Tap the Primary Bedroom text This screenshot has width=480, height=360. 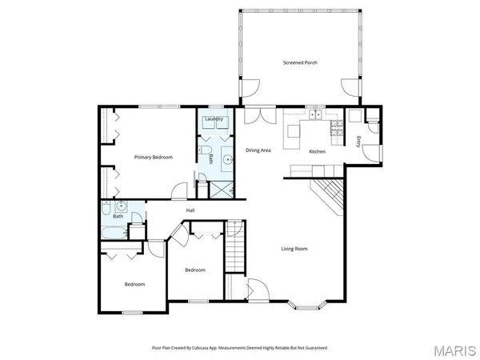(153, 158)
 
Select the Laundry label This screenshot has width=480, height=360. (214, 119)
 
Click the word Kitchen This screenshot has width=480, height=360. (318, 150)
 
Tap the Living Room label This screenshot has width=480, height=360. (294, 249)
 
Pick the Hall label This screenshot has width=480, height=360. (190, 210)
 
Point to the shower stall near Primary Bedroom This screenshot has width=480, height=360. (218, 189)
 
